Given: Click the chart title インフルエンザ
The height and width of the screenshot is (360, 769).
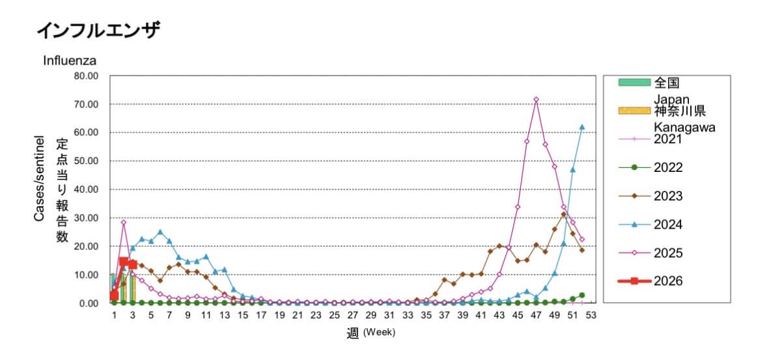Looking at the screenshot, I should click(x=98, y=30).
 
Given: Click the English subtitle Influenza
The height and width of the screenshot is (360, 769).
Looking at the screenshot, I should click(x=70, y=61).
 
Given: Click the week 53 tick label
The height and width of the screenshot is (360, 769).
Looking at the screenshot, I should click(x=591, y=315).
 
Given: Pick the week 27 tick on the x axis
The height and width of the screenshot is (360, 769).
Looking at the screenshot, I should click(x=352, y=315).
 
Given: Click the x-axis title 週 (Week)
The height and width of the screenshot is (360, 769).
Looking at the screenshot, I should click(x=371, y=333).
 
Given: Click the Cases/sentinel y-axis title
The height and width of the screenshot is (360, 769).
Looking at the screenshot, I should click(x=39, y=178).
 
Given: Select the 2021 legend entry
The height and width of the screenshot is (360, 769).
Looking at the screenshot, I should click(x=668, y=139).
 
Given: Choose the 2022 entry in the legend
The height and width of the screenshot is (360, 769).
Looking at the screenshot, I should click(x=668, y=167).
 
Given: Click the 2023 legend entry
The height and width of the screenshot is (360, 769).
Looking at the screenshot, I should click(x=668, y=196).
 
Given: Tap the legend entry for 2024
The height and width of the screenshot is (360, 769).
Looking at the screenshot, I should click(x=668, y=225).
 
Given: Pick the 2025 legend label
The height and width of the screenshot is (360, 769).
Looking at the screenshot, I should click(x=668, y=253).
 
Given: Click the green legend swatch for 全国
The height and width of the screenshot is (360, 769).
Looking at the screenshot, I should click(x=634, y=82).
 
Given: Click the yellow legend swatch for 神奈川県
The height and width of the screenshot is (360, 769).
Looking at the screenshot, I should click(x=634, y=110).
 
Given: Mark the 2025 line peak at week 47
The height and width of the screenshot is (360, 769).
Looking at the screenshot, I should click(x=536, y=100).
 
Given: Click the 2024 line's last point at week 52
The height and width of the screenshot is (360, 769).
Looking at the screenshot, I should click(x=582, y=127).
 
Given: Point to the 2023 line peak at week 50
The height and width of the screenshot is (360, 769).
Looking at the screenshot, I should click(x=564, y=214).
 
